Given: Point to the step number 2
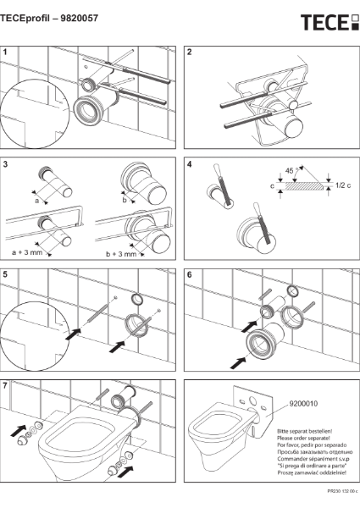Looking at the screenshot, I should tap(190, 52).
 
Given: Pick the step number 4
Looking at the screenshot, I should tap(190, 162).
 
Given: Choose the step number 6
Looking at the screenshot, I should tap(190, 274).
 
